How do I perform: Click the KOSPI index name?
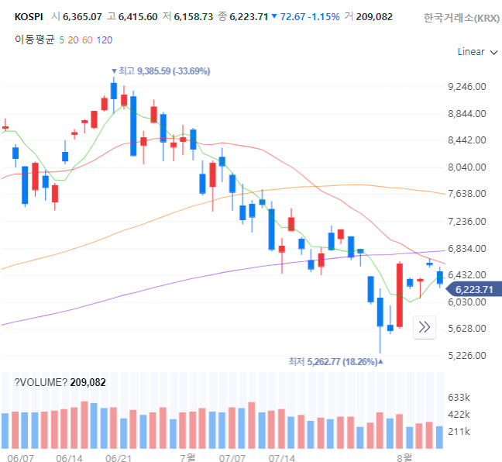tap(29, 16)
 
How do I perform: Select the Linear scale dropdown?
tap(477, 52)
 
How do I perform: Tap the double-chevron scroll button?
tap(425, 327)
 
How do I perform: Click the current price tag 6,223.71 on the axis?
tap(474, 290)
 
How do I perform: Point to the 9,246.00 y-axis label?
tap(467, 87)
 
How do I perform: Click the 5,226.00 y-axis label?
tap(467, 355)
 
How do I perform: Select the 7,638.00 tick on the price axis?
tap(467, 194)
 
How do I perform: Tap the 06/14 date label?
tap(69, 458)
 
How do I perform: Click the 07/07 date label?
tap(232, 458)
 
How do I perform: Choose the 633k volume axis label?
tap(459, 398)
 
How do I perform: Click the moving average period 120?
tap(105, 40)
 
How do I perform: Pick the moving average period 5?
tap(61, 40)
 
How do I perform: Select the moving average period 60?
tap(87, 40)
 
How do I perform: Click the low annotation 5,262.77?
tap(335, 362)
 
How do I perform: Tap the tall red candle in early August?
tap(400, 295)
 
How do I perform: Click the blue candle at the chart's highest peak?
tap(114, 91)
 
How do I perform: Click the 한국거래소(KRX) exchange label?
tap(462, 18)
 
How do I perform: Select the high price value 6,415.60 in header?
tap(138, 16)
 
